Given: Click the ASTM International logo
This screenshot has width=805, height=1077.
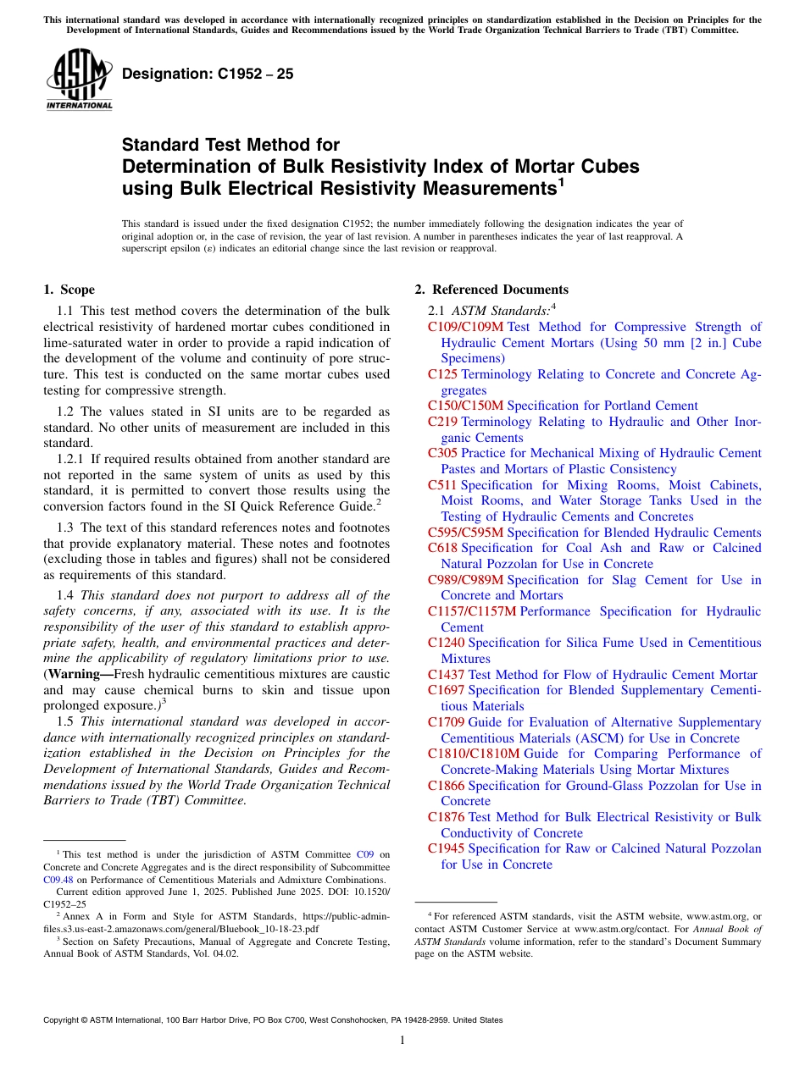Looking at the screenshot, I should (x=79, y=80).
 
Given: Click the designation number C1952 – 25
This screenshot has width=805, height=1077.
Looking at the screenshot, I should (x=208, y=74).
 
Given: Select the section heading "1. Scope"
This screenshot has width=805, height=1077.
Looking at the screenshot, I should (x=69, y=290).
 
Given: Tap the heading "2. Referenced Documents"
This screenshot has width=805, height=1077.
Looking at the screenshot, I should (x=491, y=290).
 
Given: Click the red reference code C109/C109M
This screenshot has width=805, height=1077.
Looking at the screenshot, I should (x=465, y=327).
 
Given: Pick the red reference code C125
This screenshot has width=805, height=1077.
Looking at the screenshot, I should (x=442, y=374).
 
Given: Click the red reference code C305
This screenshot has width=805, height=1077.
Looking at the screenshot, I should (x=442, y=453).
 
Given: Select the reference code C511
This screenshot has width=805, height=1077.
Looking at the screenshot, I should (x=442, y=485).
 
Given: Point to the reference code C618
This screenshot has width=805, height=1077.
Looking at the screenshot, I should (x=442, y=548).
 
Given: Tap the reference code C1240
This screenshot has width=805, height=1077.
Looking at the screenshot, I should (x=446, y=643).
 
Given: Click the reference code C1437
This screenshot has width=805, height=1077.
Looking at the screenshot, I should (x=446, y=675).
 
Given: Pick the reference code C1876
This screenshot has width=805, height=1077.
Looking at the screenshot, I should (x=446, y=817).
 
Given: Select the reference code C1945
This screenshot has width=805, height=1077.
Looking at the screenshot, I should (x=446, y=848).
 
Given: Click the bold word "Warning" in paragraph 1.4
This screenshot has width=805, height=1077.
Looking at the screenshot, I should (x=75, y=674).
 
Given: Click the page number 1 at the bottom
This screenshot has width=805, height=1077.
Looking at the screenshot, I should (x=402, y=1041).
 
